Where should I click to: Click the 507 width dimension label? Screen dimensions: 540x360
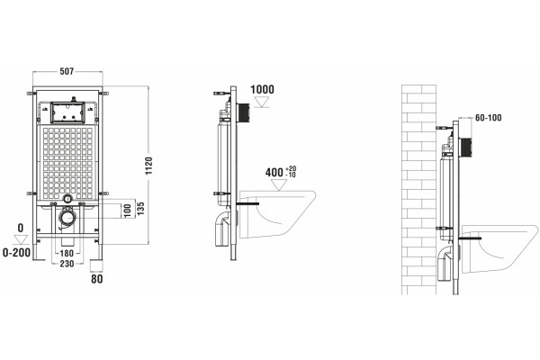(67, 71)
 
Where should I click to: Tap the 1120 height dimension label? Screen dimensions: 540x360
(148, 166)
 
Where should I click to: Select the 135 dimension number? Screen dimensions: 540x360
(140, 209)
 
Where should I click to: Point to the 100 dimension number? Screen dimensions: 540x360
(128, 210)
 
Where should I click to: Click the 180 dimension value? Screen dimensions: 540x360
(67, 253)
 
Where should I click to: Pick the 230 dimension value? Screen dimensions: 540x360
(67, 264)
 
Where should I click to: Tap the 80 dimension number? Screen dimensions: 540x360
(97, 279)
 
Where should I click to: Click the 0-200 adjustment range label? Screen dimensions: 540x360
(16, 253)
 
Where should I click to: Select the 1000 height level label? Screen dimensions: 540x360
(262, 90)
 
